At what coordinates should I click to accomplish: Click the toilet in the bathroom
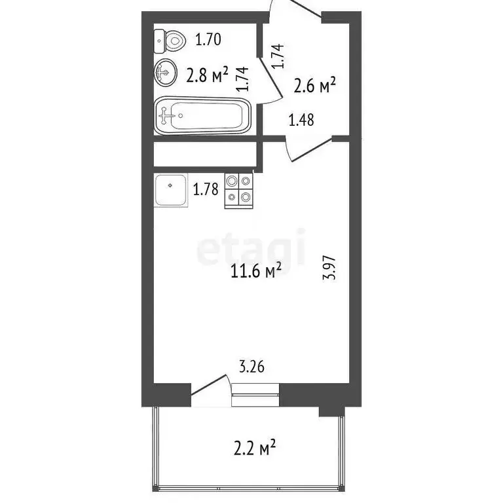(x=169, y=41)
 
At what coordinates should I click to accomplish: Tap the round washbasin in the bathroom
(x=164, y=72)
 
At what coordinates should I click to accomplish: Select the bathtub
(x=202, y=115)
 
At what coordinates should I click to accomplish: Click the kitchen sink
(x=171, y=190)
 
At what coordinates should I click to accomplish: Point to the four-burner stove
(x=238, y=190)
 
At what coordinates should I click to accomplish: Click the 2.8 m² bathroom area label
(x=206, y=75)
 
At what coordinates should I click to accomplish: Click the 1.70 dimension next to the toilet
(x=208, y=40)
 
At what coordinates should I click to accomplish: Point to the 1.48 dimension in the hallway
(x=302, y=120)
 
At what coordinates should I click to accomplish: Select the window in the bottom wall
(x=255, y=395)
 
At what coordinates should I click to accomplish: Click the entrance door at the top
(x=295, y=8)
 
